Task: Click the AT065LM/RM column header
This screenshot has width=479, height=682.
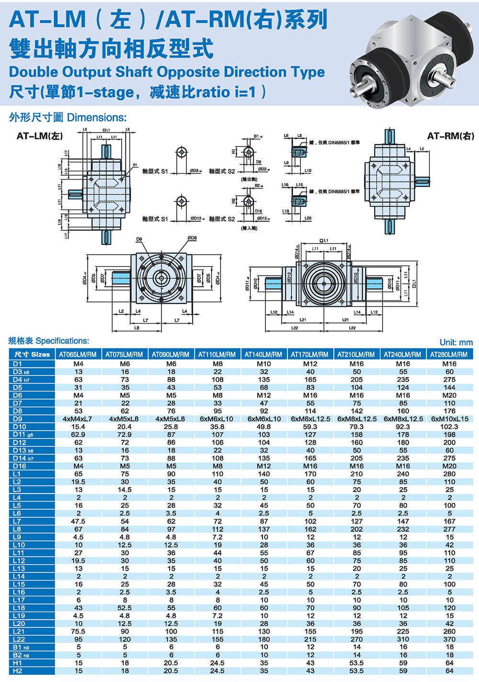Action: [x=78, y=355]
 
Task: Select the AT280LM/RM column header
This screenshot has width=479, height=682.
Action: [x=449, y=355]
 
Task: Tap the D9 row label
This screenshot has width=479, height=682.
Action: [x=18, y=419]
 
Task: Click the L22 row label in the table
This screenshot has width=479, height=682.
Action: [x=19, y=639]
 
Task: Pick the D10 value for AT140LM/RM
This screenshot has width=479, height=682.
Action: [x=263, y=427]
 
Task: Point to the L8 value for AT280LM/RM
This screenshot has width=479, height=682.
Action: [x=449, y=529]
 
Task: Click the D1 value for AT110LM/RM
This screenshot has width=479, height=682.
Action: [x=217, y=364]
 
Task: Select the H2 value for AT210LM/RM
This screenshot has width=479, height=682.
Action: [x=356, y=671]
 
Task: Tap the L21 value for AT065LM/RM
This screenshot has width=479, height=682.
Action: [x=78, y=632]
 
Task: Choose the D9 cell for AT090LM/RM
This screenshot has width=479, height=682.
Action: [x=171, y=419]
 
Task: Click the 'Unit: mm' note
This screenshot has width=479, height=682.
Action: [x=456, y=343]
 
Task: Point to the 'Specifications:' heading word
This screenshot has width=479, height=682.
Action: [x=62, y=341]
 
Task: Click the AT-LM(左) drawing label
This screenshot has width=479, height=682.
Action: [x=40, y=136]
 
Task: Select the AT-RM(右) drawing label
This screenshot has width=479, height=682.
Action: [x=450, y=136]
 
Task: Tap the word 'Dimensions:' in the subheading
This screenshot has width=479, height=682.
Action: [x=97, y=118]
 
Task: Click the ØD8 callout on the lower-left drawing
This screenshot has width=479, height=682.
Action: [x=192, y=238]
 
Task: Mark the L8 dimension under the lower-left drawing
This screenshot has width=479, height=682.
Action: [x=137, y=328]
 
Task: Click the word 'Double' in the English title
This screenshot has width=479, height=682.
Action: [x=33, y=72]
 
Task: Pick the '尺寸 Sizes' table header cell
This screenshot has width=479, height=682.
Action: [x=32, y=355]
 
